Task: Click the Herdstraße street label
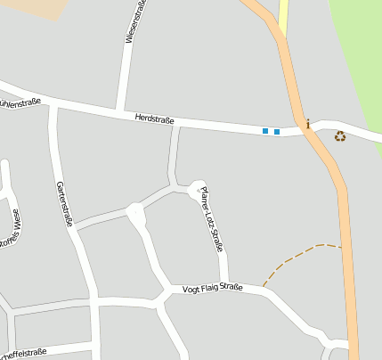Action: pos(155,118)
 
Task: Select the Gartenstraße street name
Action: pos(64,203)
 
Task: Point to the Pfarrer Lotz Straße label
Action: pos(211,218)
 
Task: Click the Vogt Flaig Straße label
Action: pos(212,289)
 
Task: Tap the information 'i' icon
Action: pos(308,124)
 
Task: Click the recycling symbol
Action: pos(339,136)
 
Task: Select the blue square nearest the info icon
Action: pos(277,132)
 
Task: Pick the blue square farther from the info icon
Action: pos(264,131)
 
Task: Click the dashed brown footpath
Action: pos(294,258)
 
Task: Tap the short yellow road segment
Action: pos(284,15)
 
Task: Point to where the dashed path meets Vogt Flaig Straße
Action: pos(263,287)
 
